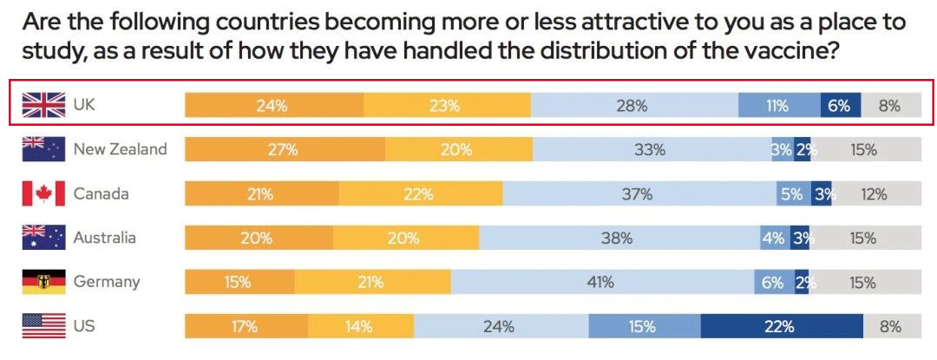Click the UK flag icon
tap(43, 106)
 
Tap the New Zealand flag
tap(43, 149)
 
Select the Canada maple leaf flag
tap(43, 193)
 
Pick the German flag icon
tap(43, 282)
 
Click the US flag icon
tap(43, 326)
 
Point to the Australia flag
tap(43, 238)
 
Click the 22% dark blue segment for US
tap(781, 327)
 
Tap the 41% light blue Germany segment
tap(600, 282)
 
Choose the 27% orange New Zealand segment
tap(285, 149)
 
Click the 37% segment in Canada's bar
tap(637, 194)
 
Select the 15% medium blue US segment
tap(644, 327)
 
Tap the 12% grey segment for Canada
tap(874, 194)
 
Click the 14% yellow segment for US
tap(360, 327)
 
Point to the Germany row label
tap(107, 282)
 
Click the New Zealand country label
tap(120, 149)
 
